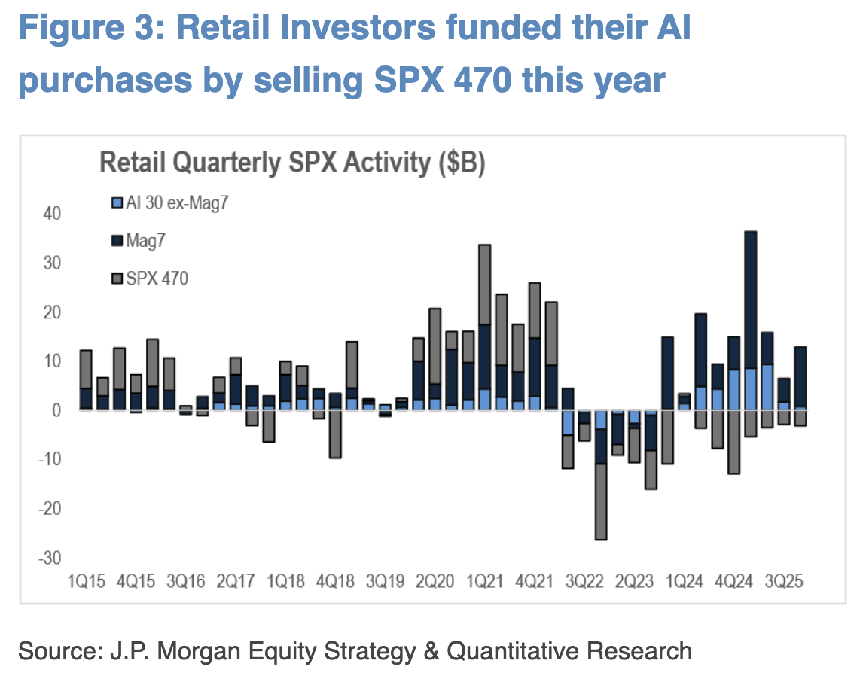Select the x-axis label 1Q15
click(x=86, y=583)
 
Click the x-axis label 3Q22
click(x=583, y=583)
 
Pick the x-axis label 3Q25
click(x=782, y=583)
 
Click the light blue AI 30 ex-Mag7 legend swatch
click(x=115, y=203)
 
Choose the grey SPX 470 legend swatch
click(x=115, y=279)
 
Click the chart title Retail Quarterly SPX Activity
click(x=292, y=163)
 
